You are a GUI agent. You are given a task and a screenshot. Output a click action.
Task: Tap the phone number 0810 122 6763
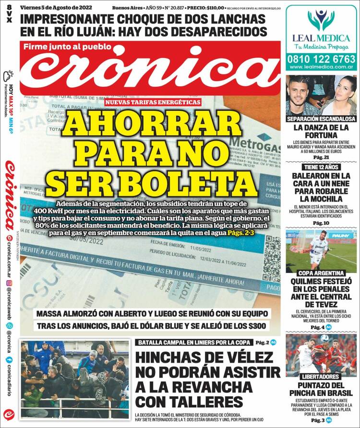(x=321, y=59)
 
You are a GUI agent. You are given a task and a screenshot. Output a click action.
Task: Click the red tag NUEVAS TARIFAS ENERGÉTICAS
(x=153, y=103)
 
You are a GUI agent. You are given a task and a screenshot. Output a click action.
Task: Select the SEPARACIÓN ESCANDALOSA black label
(x=321, y=119)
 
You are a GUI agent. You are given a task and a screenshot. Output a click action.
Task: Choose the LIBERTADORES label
(x=321, y=377)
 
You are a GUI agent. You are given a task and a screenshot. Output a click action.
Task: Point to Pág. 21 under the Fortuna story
(x=321, y=157)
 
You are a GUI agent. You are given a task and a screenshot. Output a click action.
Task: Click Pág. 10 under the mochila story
(x=321, y=223)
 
